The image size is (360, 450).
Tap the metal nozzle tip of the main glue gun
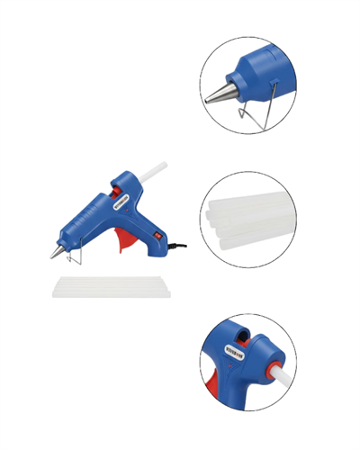point(57,253)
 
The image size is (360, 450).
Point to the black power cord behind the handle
point(179,245)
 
